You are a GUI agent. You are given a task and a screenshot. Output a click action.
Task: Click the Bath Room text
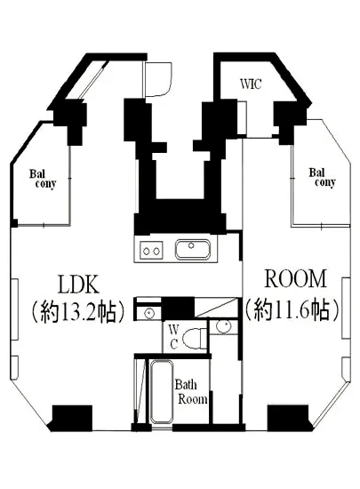190,392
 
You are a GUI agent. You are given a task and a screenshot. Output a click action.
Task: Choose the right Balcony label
322,177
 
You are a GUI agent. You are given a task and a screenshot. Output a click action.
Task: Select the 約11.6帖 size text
289,309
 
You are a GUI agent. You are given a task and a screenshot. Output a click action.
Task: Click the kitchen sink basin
191,250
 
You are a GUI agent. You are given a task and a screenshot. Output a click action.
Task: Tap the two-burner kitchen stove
150,251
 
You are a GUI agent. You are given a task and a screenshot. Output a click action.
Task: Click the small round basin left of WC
148,313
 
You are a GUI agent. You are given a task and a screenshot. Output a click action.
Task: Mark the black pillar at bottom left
72,416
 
